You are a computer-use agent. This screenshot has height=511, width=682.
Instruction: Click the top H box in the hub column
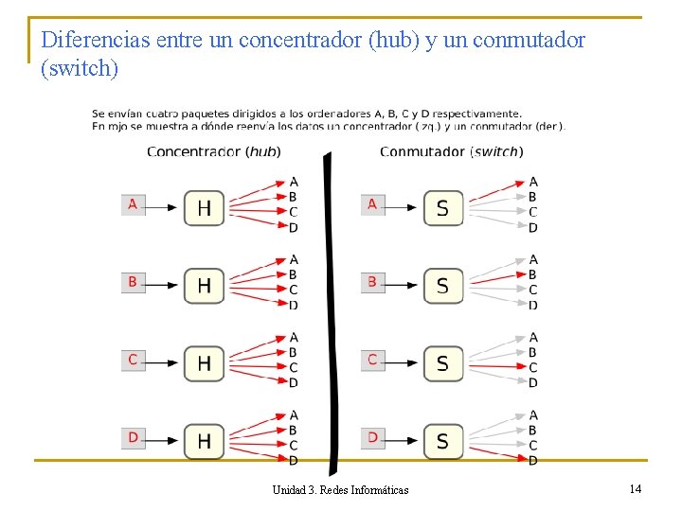coord(204,207)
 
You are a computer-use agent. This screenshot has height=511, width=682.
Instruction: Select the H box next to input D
coord(204,440)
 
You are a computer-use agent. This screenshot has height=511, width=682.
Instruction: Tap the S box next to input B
coord(443,285)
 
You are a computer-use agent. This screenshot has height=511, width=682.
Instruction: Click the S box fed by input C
coord(443,362)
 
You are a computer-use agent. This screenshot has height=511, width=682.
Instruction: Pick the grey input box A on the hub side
coord(133,204)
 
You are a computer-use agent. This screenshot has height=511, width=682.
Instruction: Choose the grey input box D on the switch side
coord(372,438)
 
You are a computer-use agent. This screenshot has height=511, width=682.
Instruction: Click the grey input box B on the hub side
coord(133,282)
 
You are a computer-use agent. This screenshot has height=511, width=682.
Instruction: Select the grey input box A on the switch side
coord(372,204)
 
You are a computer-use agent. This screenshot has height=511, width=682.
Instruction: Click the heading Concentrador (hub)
coord(213,151)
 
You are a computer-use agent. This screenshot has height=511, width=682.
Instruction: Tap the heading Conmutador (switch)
coord(451,151)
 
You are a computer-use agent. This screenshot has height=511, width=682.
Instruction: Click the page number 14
coord(635,488)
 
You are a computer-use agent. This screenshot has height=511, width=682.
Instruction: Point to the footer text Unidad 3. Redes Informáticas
coord(340,489)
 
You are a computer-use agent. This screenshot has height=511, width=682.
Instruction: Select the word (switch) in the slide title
coord(81,68)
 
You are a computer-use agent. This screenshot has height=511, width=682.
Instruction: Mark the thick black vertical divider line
coord(330,312)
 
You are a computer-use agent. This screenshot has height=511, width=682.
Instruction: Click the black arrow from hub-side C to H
coord(163,361)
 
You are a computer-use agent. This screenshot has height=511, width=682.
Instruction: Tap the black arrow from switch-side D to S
coord(403,440)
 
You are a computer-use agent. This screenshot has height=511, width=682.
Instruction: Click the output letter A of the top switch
coord(533,182)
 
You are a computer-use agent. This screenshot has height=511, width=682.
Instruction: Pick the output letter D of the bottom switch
coord(533,461)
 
